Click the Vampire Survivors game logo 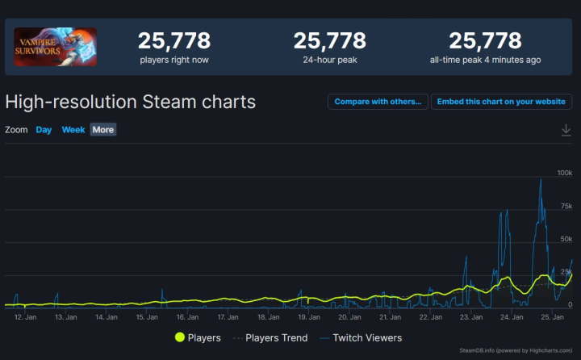[x=55, y=47]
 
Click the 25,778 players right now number [x=173, y=40]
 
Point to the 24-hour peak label [x=329, y=60]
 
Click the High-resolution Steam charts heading [x=130, y=102]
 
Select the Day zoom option [x=44, y=130]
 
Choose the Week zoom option [x=73, y=130]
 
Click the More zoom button [x=102, y=130]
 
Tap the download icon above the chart [x=566, y=130]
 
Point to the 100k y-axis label [x=564, y=174]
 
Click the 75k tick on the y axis [x=566, y=207]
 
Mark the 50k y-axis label [x=566, y=241]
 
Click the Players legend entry [x=197, y=337]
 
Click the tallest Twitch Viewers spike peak [x=541, y=180]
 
